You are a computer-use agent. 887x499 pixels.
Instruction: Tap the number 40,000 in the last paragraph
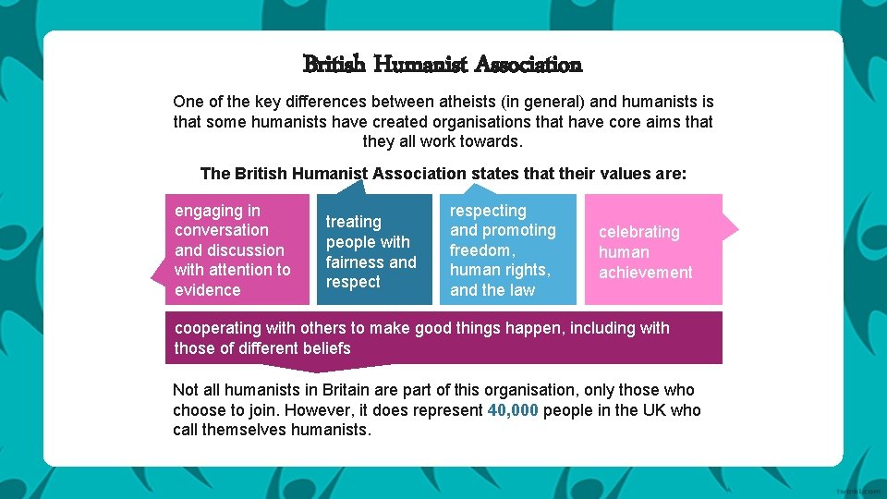click(x=513, y=410)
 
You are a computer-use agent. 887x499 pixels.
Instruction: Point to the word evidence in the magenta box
click(x=207, y=290)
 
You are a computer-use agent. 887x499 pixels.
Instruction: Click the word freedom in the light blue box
click(x=480, y=250)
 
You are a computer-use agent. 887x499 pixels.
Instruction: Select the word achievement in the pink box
click(x=645, y=273)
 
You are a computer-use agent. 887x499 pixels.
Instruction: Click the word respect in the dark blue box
click(x=353, y=283)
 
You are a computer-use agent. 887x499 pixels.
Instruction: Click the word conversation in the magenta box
click(x=222, y=230)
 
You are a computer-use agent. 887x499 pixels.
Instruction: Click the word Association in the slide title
click(x=529, y=65)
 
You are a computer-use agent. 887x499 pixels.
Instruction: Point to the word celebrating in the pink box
click(x=638, y=232)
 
